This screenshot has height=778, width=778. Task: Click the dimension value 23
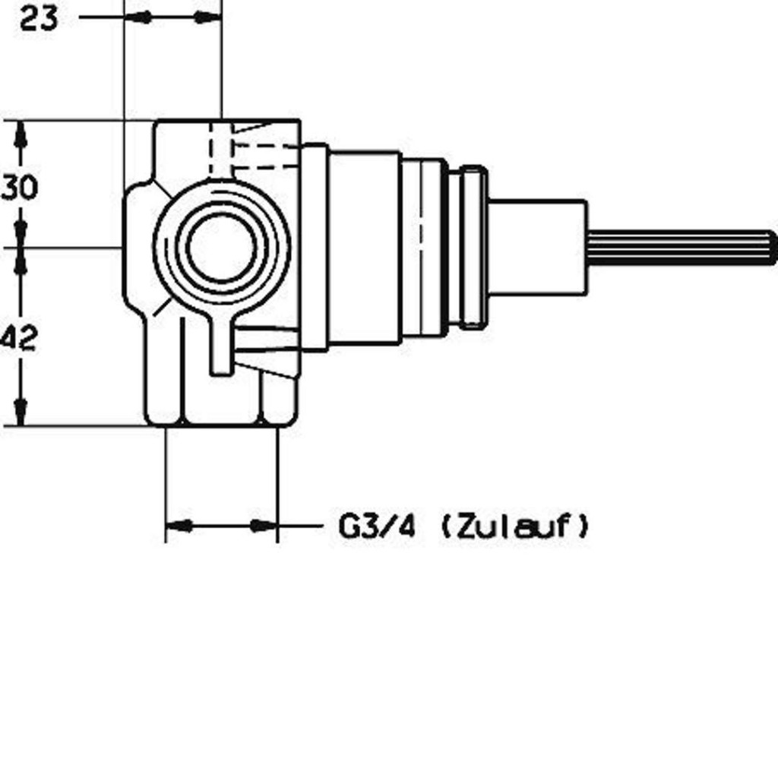[39, 19]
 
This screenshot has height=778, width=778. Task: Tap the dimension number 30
[19, 188]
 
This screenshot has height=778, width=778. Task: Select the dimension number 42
[18, 338]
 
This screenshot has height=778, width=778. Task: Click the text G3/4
[377, 527]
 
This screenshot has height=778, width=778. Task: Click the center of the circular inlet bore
[222, 247]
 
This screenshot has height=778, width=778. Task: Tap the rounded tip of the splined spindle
[772, 247]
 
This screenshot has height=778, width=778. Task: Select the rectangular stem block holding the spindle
[537, 247]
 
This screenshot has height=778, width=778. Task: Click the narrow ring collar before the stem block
[473, 247]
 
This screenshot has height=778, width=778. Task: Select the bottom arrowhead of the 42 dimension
[21, 412]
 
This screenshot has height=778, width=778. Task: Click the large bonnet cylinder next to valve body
[365, 247]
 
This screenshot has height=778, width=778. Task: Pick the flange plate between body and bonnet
[315, 247]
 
